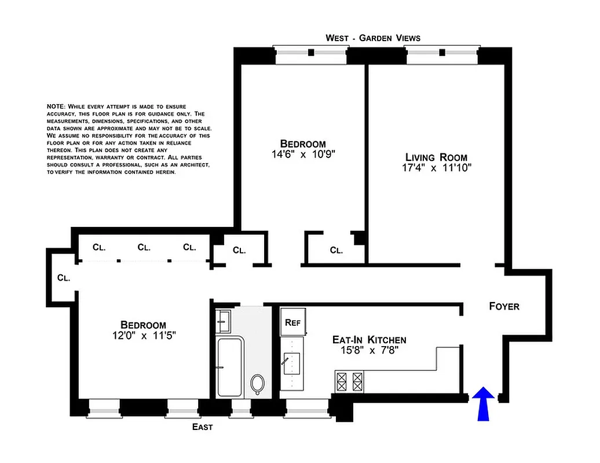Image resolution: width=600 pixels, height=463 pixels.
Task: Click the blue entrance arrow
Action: coord(483,404)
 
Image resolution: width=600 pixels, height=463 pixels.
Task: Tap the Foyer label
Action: coord(503,306)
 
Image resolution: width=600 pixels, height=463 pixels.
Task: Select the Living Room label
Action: coord(436,157)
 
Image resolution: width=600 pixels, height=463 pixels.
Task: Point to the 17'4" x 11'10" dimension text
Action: coord(436,169)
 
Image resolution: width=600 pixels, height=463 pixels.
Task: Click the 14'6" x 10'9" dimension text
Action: coord(302,155)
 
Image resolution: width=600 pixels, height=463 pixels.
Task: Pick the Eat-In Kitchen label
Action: coord(368,340)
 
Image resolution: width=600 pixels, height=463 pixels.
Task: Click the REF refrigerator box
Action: coord(291,323)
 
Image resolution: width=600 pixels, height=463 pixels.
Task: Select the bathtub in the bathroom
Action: coord(230,368)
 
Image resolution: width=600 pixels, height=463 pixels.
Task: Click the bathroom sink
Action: coord(223,319)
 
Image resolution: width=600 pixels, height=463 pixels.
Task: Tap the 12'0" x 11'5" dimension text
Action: coord(143,335)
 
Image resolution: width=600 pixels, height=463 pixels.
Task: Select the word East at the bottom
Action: coord(202,427)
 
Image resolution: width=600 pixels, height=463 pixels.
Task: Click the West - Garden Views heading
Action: coord(372,38)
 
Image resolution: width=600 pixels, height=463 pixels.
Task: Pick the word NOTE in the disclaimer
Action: coord(56,107)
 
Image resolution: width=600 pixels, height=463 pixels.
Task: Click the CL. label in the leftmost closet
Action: coord(64,278)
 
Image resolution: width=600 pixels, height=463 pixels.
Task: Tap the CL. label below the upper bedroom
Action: coord(336,251)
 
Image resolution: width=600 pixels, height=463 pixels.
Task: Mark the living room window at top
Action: coord(442,53)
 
